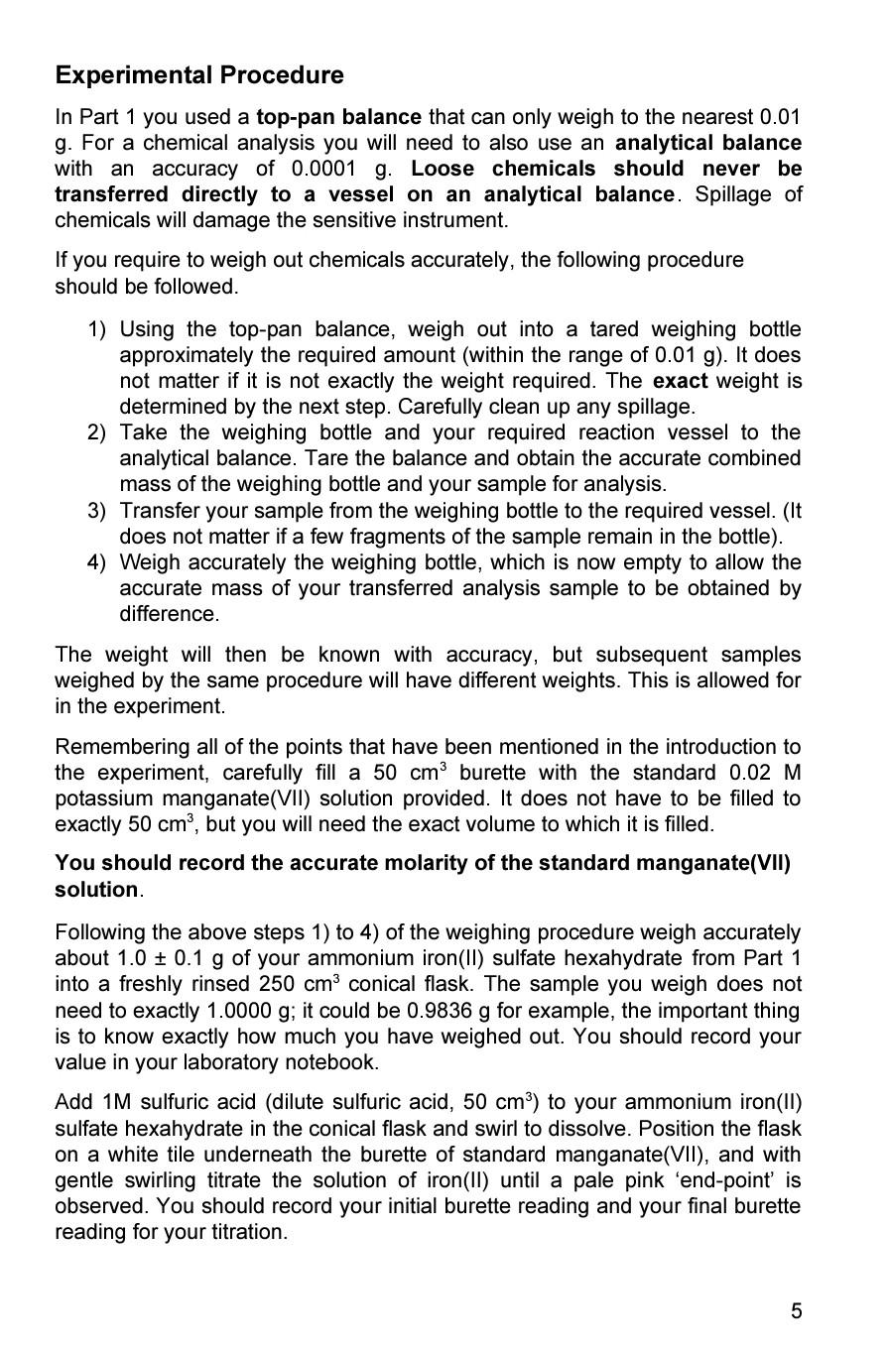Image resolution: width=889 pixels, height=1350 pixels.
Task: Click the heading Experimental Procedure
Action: point(199,75)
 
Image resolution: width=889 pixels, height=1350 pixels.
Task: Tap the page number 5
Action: point(796,1311)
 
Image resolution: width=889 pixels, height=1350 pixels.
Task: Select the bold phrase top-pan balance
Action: point(338,117)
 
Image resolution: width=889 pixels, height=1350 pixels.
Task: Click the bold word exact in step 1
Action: point(680,381)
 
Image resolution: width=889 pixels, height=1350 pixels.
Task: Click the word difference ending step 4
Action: point(170,614)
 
